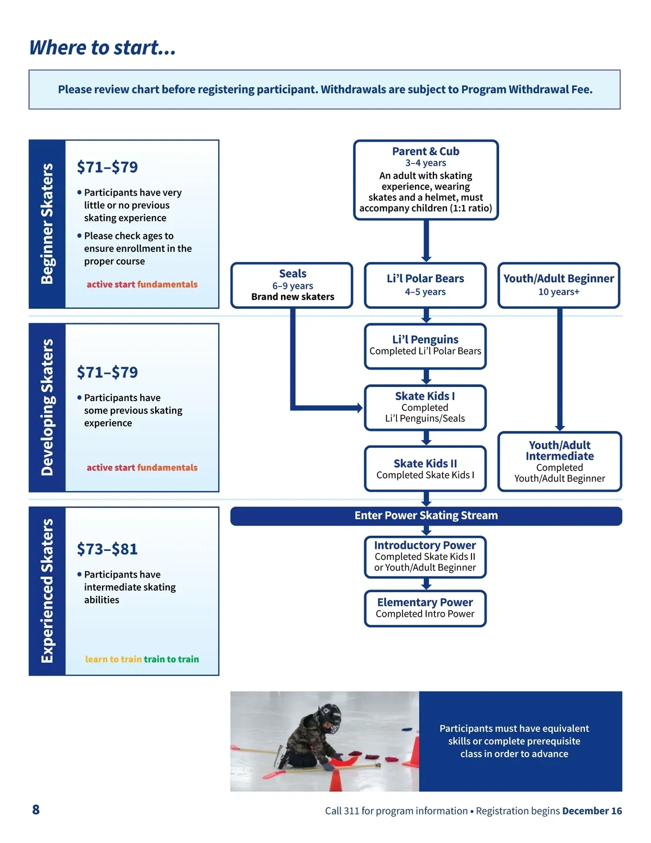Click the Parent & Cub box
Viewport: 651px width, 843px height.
[426, 180]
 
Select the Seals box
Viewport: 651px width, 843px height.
[292, 286]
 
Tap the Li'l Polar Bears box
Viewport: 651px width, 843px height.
[425, 286]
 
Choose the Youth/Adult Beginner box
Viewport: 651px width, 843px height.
[559, 286]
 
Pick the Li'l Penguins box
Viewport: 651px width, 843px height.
[425, 346]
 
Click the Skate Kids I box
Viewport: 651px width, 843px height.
[425, 408]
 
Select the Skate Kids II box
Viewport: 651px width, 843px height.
[425, 469]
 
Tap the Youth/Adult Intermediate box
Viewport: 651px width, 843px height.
[559, 462]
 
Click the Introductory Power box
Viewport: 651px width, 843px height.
[425, 557]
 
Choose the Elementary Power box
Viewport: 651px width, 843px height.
[425, 609]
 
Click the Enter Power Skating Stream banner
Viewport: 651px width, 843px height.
[426, 516]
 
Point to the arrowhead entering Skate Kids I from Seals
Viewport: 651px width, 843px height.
[359, 408]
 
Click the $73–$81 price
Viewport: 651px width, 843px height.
[107, 549]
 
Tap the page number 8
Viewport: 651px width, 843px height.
[36, 810]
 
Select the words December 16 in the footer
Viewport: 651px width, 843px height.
[592, 811]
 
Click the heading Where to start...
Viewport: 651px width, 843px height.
[103, 48]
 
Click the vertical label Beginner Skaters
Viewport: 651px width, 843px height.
[47, 224]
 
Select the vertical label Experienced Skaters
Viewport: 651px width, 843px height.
[47, 591]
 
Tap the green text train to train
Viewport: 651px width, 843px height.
[171, 660]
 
